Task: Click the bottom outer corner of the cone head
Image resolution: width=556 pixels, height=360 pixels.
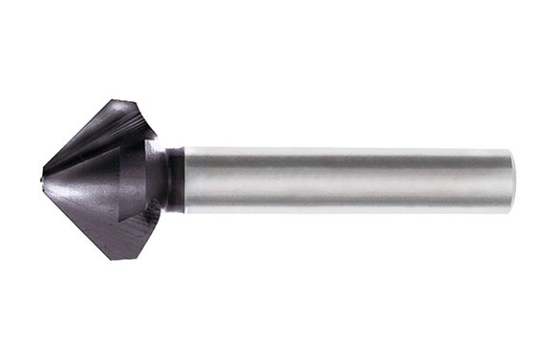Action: pos(121,258)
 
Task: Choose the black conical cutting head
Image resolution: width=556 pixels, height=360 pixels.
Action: pos(105,179)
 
